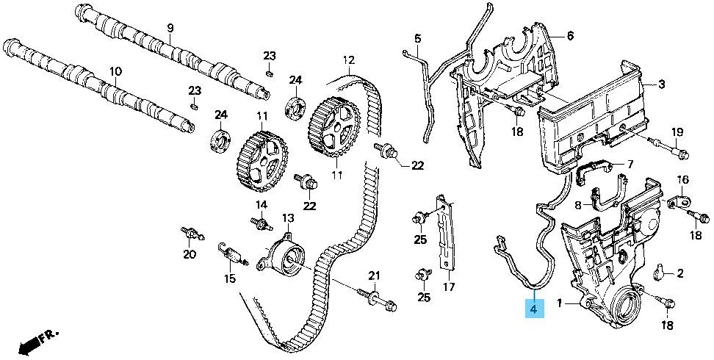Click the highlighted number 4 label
coord(534,310)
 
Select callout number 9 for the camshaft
coord(170,28)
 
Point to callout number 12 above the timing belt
coord(348,60)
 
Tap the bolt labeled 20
coord(189,234)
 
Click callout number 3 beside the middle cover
coord(661,84)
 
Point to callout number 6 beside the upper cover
coord(569,35)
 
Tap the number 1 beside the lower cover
coord(559,303)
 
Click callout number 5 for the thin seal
coord(417,38)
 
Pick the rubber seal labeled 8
coord(606,198)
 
